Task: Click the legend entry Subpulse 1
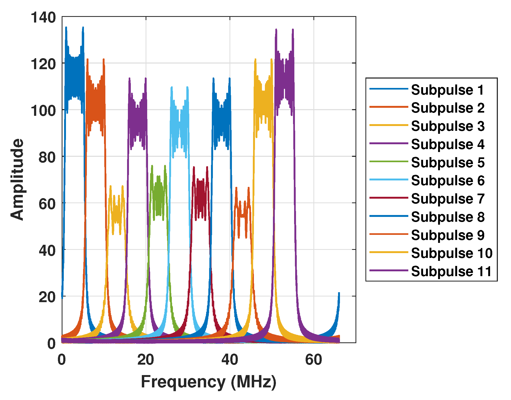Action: click(x=447, y=90)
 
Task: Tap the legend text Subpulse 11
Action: click(x=451, y=271)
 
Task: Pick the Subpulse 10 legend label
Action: click(x=452, y=253)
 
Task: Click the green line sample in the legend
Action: click(x=388, y=162)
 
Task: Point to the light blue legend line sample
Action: click(x=388, y=180)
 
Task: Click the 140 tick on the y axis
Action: click(x=43, y=18)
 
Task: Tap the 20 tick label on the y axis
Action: click(x=47, y=297)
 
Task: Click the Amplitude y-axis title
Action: click(x=17, y=179)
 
